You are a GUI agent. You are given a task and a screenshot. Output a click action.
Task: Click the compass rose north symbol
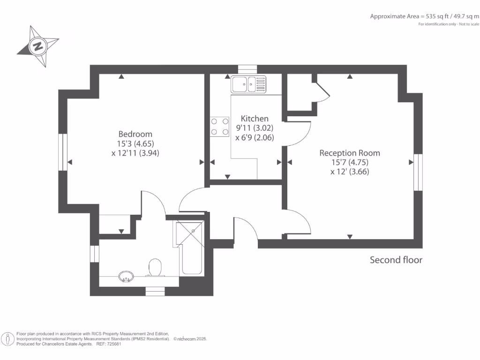pyautogui.click(x=37, y=46)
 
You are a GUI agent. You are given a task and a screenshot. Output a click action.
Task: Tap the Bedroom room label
pyautogui.click(x=135, y=134)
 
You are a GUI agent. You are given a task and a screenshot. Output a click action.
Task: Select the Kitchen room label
pyautogui.click(x=255, y=119)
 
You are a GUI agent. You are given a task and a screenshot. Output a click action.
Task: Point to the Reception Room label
pyautogui.click(x=350, y=153)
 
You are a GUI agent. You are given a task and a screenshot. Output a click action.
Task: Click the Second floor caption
pyautogui.click(x=396, y=260)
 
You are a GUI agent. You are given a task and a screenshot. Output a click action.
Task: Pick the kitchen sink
pyautogui.click(x=248, y=84)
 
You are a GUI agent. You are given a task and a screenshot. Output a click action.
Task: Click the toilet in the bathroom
pyautogui.click(x=154, y=268)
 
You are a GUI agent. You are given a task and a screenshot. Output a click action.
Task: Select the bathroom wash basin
pyautogui.click(x=126, y=277)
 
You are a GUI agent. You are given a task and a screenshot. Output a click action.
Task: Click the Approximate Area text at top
pyautogui.click(x=424, y=16)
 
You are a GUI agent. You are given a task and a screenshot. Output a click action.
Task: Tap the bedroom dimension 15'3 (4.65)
pyautogui.click(x=136, y=143)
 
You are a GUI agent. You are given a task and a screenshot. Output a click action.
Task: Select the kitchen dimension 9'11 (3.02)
pyautogui.click(x=255, y=128)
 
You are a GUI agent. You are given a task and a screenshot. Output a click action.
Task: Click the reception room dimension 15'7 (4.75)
pyautogui.click(x=350, y=162)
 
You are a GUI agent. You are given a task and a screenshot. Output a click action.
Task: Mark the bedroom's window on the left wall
pyautogui.click(x=63, y=152)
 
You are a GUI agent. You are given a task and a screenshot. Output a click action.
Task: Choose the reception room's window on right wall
pyautogui.click(x=418, y=172)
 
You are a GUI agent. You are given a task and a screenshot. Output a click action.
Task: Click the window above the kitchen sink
pyautogui.click(x=247, y=69)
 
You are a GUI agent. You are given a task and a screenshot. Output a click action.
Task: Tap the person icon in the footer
pyautogui.click(x=8, y=338)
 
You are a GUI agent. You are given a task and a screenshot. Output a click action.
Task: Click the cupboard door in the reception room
pyautogui.click(x=322, y=92)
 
